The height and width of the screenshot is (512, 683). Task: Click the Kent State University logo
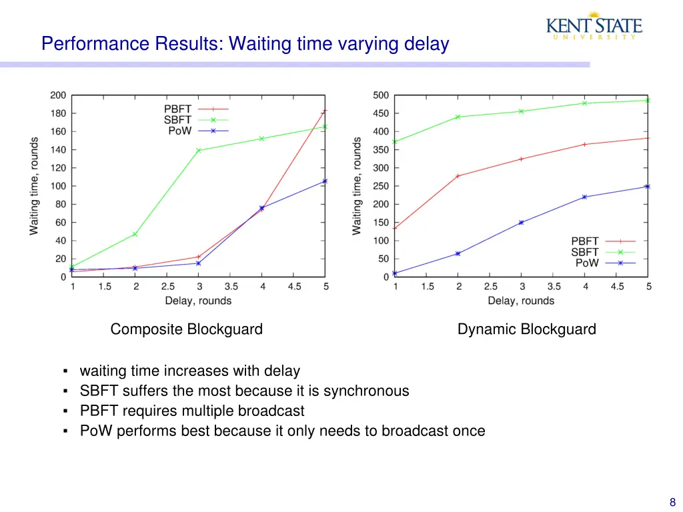[594, 26]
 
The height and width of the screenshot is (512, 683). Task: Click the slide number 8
[672, 503]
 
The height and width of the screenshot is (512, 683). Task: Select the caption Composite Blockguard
[186, 329]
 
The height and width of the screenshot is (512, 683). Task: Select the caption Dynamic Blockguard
[526, 329]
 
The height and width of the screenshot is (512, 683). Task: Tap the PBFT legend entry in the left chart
[195, 109]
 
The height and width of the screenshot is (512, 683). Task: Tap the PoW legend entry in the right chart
[602, 263]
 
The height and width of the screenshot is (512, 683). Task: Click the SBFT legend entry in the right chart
[602, 252]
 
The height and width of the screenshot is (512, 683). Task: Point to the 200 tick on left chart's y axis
[58, 95]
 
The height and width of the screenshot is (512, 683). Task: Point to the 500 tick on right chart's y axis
[381, 95]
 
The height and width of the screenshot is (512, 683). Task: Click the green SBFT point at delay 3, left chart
[199, 150]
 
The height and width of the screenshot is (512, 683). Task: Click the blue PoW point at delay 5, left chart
[325, 181]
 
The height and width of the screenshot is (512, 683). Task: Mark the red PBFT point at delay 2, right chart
[458, 176]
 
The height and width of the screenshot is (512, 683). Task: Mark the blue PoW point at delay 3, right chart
[522, 222]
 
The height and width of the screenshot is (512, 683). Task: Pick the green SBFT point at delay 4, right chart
[585, 103]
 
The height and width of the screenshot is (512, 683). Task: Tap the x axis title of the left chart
[198, 301]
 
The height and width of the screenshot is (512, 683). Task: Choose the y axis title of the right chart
[358, 186]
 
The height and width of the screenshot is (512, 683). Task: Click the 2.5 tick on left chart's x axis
[167, 287]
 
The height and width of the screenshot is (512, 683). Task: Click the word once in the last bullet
[468, 431]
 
